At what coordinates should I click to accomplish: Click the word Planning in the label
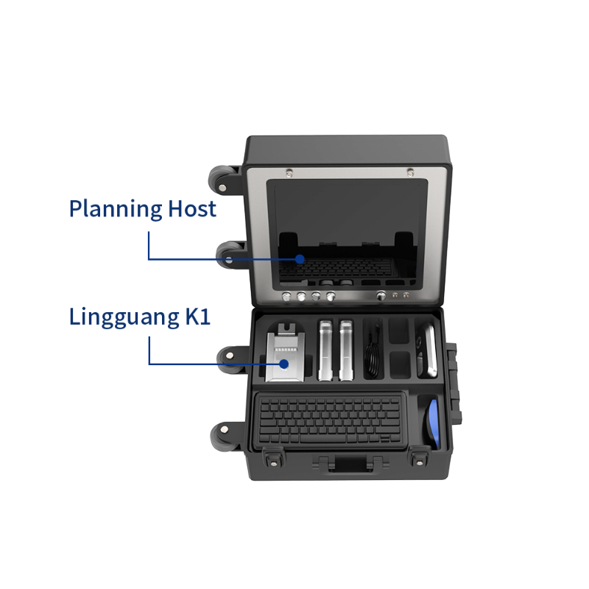pos(116,209)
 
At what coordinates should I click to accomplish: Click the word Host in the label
pos(192,208)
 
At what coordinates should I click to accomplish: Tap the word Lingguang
pos(124,317)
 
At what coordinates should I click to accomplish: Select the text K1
pos(197,316)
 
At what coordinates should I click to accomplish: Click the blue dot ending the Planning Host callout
pos(300,259)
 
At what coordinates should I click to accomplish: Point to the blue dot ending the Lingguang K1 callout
pos(284,364)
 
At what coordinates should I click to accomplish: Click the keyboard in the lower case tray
pos(330,420)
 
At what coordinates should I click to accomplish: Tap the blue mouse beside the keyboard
pos(432,423)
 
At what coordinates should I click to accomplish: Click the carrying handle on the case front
pos(350,464)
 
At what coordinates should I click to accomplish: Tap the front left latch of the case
pos(273,458)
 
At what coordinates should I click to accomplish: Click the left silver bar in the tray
pos(325,350)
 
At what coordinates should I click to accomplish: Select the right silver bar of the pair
pos(346,350)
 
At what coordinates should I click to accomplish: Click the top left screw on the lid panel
pos(289,173)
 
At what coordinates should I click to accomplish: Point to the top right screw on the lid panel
pos(410,172)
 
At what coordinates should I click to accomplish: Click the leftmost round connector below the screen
pos(286,297)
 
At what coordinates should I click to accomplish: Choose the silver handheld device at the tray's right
pos(427,350)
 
